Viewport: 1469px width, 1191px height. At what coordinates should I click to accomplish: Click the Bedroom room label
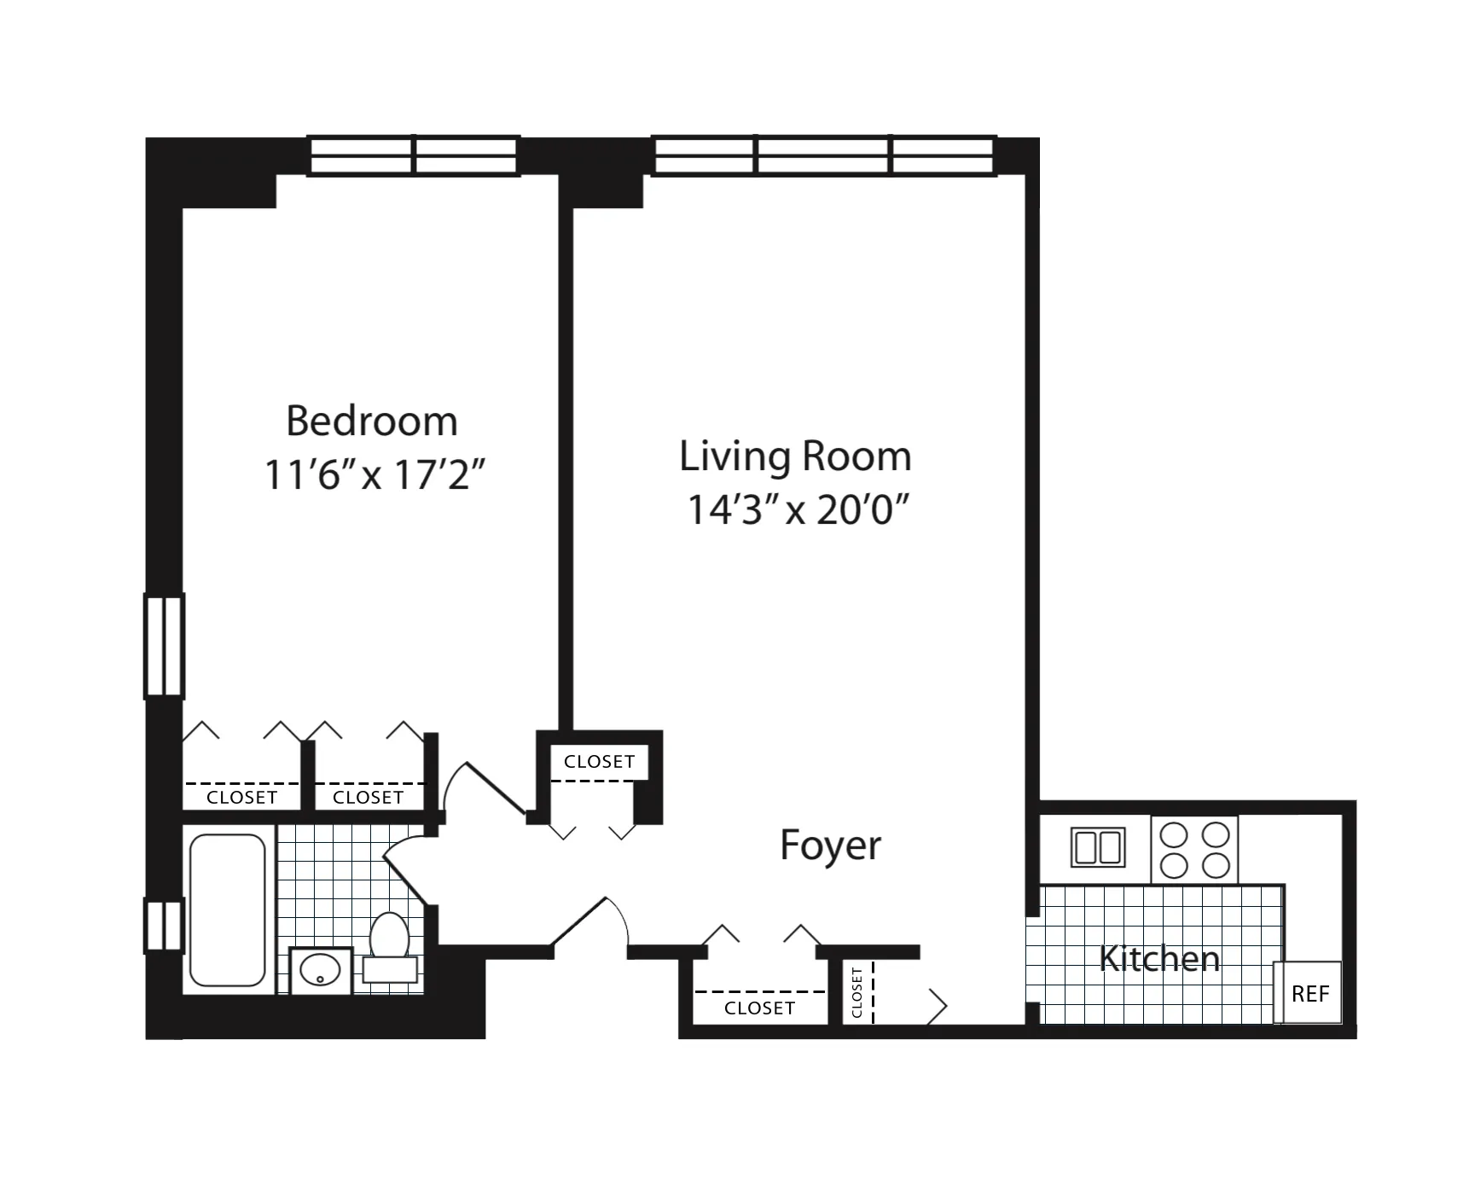click(x=371, y=421)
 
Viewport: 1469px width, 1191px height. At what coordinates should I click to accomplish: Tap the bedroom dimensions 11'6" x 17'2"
click(x=374, y=475)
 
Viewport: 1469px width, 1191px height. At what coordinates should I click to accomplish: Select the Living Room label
click(x=795, y=456)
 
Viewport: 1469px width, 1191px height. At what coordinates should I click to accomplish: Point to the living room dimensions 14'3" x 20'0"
click(x=798, y=510)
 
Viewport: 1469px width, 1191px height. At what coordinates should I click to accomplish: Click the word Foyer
click(x=830, y=845)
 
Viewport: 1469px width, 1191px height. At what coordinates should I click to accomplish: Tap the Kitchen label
click(x=1158, y=959)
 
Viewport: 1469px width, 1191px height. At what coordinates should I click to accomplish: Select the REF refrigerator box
click(x=1309, y=993)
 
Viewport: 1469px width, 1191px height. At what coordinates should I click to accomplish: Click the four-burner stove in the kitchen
click(x=1194, y=850)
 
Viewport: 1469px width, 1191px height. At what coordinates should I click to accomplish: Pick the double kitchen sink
click(x=1097, y=848)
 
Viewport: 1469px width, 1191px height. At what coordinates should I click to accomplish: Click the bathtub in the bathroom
click(x=227, y=909)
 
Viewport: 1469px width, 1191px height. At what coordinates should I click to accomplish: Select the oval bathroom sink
click(x=321, y=970)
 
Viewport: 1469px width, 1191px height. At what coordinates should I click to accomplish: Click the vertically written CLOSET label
click(x=856, y=993)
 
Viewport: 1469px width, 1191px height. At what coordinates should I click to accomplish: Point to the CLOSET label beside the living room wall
click(x=599, y=762)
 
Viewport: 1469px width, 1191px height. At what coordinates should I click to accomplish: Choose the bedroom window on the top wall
click(x=413, y=156)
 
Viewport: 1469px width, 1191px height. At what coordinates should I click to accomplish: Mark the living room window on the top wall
click(x=823, y=156)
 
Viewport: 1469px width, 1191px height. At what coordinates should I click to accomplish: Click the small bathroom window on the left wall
click(x=163, y=926)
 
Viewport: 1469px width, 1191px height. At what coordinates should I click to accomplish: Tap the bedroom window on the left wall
click(x=163, y=646)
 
